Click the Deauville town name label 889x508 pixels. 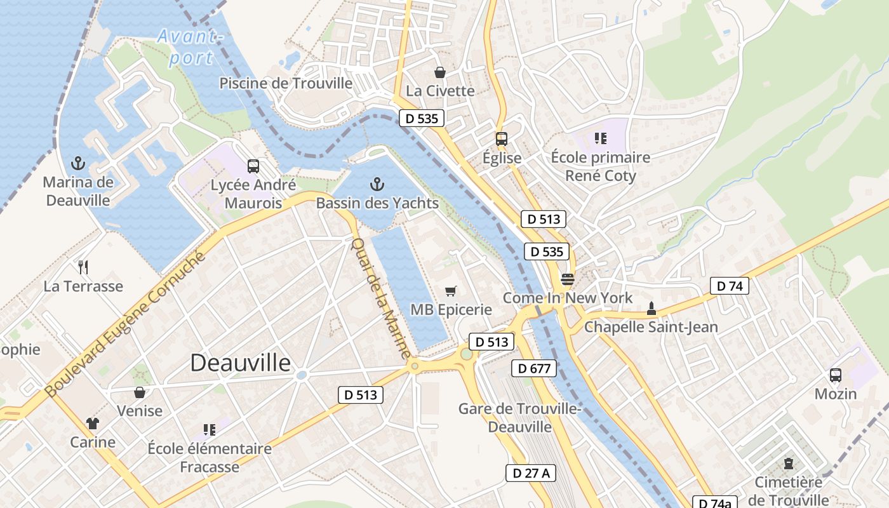click(241, 363)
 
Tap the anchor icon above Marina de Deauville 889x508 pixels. click(78, 163)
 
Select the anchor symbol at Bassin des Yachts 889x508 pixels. click(377, 185)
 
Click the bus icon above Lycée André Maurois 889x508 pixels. click(253, 166)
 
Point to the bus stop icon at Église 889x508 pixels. click(502, 139)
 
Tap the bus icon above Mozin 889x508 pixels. click(836, 375)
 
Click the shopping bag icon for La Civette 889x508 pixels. click(440, 72)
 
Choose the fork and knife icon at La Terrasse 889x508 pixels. click(83, 267)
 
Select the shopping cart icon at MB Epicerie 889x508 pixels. click(451, 291)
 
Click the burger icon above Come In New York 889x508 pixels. click(567, 279)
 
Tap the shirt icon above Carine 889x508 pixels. click(93, 424)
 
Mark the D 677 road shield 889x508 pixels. click(534, 368)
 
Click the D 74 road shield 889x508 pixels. click(730, 286)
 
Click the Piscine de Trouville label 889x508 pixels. click(286, 83)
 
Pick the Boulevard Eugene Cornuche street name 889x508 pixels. click(127, 324)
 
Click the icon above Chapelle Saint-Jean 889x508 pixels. click(650, 309)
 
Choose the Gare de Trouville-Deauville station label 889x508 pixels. click(519, 417)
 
